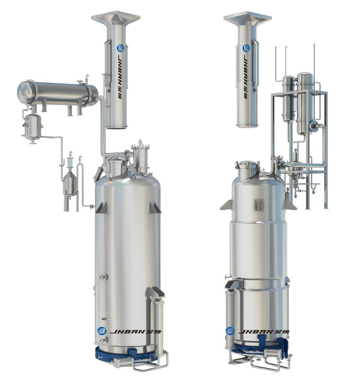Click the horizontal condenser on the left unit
(x=57, y=93)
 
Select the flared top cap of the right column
(x=247, y=18)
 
